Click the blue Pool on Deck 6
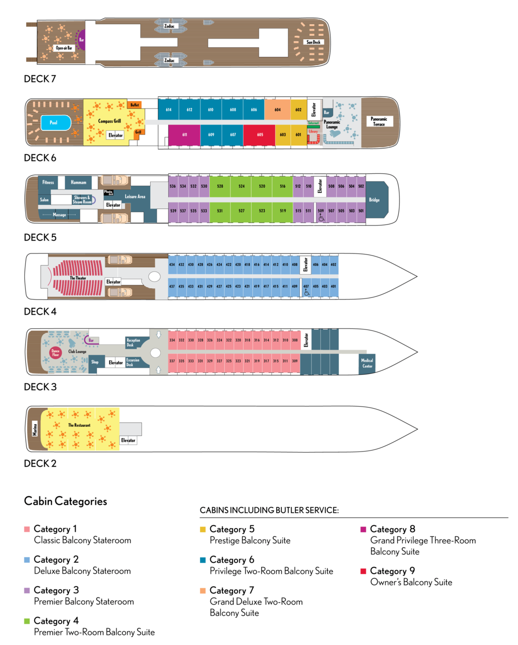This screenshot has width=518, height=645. [54, 123]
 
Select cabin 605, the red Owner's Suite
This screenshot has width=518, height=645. [260, 134]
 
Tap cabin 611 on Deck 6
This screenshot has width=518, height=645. [184, 134]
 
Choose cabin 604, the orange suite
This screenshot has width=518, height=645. [277, 110]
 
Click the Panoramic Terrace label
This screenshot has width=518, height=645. [379, 122]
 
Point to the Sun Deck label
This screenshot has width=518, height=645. [313, 42]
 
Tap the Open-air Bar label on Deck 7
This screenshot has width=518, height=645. [64, 48]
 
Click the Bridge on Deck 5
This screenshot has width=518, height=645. [374, 200]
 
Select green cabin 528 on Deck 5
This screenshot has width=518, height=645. [220, 186]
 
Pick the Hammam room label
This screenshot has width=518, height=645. [79, 182]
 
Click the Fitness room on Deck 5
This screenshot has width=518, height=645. [48, 182]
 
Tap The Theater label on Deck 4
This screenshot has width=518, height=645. [78, 278]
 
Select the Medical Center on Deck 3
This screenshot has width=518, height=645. [367, 363]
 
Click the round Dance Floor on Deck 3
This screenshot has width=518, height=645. [55, 353]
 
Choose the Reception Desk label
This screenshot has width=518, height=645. [133, 342]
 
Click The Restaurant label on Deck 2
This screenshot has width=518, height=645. [79, 425]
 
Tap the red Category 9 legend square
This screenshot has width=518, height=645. [363, 571]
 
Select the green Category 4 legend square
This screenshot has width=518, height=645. [27, 621]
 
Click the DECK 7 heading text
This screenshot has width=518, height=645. [40, 79]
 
